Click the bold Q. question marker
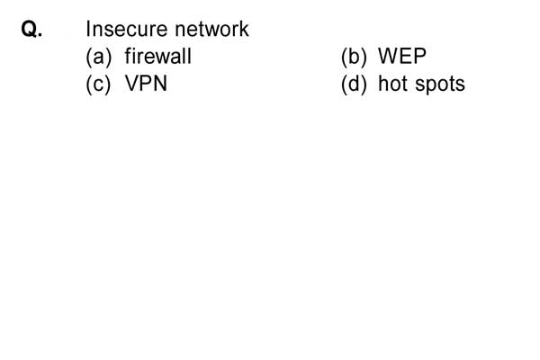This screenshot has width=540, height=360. pyautogui.click(x=32, y=29)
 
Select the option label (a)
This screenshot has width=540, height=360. pyautogui.click(x=98, y=57)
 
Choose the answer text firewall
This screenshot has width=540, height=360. pyautogui.click(x=158, y=56)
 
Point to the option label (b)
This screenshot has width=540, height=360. pyautogui.click(x=354, y=57)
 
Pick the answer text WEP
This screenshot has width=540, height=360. pyautogui.click(x=402, y=56)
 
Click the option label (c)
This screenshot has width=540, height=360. pyautogui.click(x=98, y=84)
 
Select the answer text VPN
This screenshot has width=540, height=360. pyautogui.click(x=146, y=84)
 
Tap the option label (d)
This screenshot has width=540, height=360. pyautogui.click(x=354, y=84)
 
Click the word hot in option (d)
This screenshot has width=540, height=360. pyautogui.click(x=394, y=84)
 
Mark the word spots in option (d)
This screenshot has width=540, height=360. pyautogui.click(x=440, y=85)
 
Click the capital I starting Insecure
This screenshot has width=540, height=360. pyautogui.click(x=88, y=29)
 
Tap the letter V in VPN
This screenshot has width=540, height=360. pyautogui.click(x=132, y=84)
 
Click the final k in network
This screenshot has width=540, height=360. pyautogui.click(x=244, y=29)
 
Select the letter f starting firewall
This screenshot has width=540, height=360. pyautogui.click(x=128, y=56)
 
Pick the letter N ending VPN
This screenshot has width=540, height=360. pyautogui.click(x=160, y=84)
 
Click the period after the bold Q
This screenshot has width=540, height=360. pyautogui.click(x=40, y=35)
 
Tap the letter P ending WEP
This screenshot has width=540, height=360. pyautogui.click(x=420, y=56)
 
